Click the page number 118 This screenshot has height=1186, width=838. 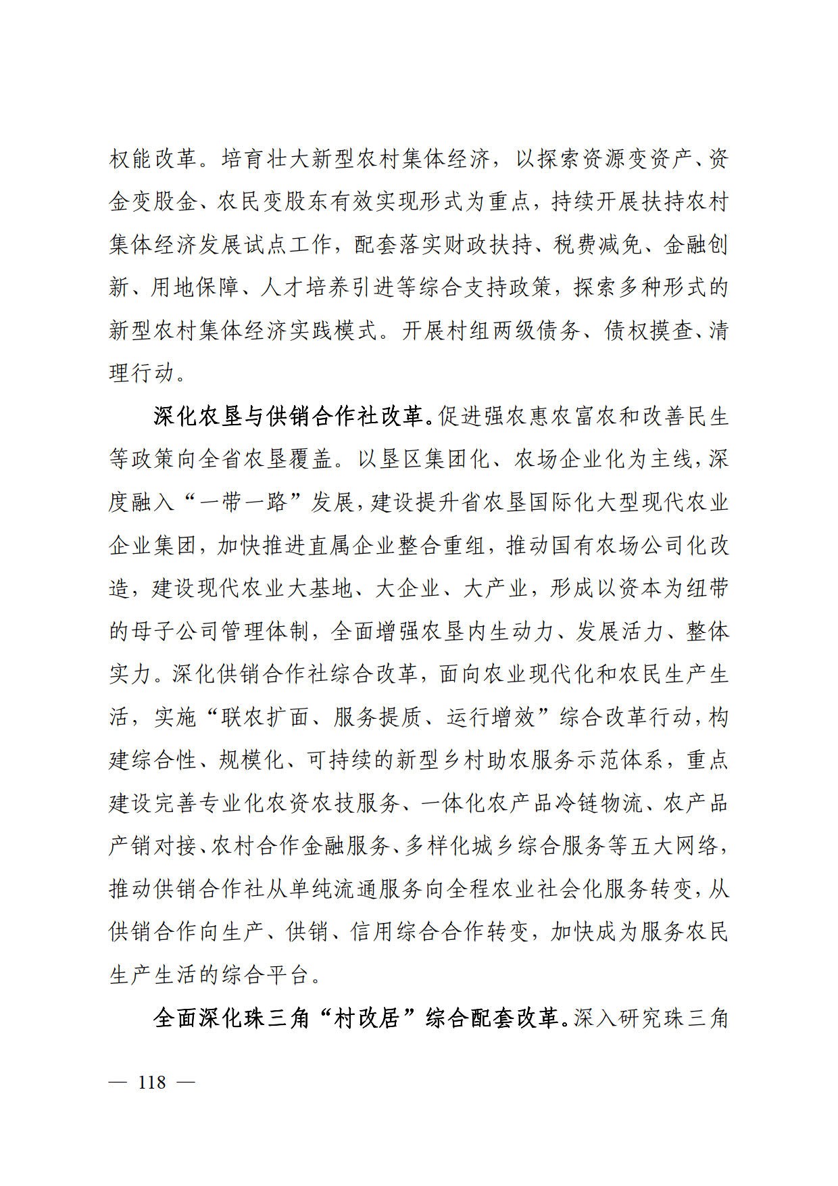tap(151, 1082)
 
